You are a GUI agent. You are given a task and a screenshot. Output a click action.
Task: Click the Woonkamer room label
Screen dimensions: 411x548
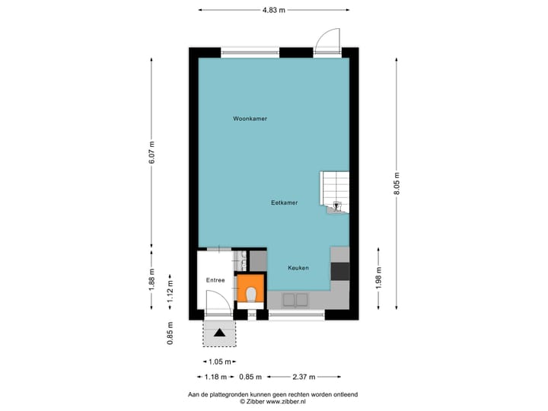[x=250, y=119]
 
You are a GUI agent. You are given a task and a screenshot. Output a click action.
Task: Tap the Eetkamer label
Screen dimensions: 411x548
[x=284, y=202]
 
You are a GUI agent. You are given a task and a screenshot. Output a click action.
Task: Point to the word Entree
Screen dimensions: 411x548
[x=215, y=280]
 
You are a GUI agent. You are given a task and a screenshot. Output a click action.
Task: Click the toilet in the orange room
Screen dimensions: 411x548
[x=250, y=292]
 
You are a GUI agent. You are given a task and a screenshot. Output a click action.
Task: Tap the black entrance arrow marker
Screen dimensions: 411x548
[x=220, y=332]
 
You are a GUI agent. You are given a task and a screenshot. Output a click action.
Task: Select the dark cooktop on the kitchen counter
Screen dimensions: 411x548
[x=340, y=272]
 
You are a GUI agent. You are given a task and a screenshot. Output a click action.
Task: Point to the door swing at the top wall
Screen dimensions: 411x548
[x=328, y=39]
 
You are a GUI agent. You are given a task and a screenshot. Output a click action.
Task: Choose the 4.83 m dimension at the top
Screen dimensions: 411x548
[x=273, y=10]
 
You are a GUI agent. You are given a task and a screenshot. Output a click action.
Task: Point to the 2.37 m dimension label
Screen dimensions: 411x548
[x=302, y=377]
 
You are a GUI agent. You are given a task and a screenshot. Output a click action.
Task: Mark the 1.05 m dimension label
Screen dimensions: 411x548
[x=219, y=362]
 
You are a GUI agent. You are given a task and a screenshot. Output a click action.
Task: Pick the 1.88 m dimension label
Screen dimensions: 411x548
[x=151, y=279]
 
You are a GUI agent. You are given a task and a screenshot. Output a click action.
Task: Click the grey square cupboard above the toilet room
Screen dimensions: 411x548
[x=257, y=261]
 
